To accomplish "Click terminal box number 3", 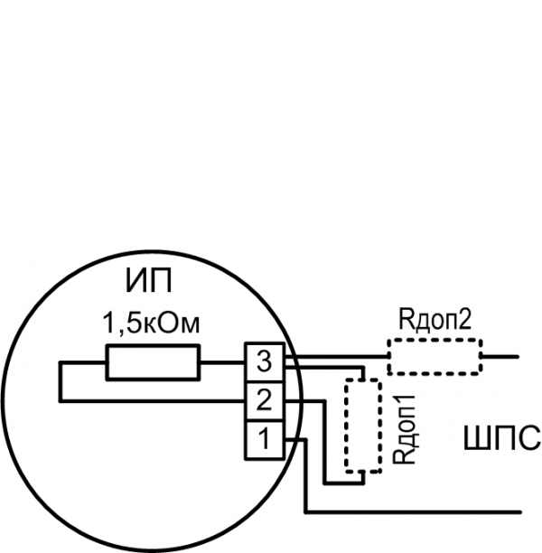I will click(x=264, y=361).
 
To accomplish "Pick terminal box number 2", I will click(x=264, y=398).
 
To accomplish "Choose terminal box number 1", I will click(x=264, y=440).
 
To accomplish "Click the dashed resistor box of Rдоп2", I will click(x=435, y=356).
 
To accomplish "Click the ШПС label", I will click(x=500, y=439).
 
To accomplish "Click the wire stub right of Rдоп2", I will click(x=500, y=356).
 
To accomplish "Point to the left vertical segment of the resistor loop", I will click(x=60, y=380).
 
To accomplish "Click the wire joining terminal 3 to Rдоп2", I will click(x=339, y=356).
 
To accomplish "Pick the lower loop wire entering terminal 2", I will click(x=154, y=398).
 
